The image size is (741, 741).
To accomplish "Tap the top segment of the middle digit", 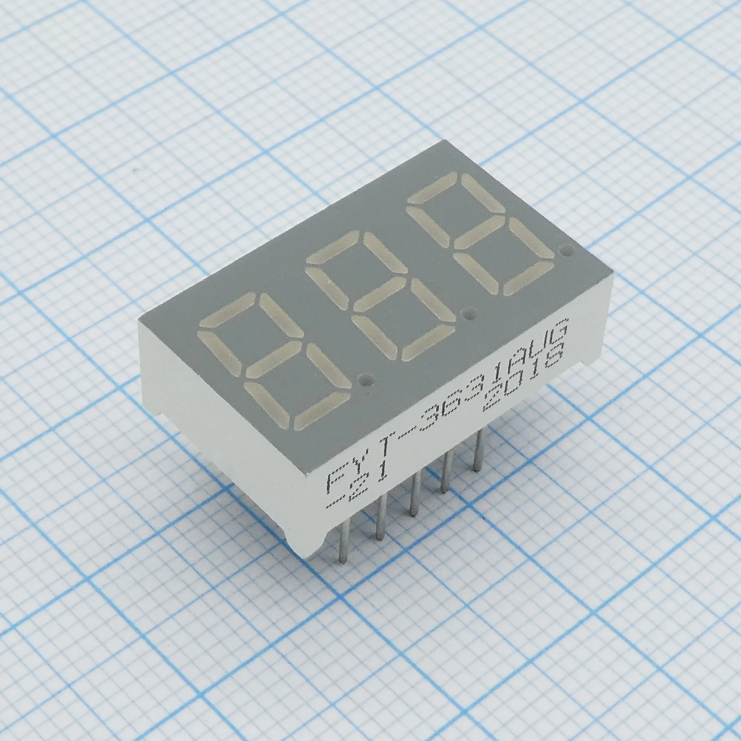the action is [x=333, y=250].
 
